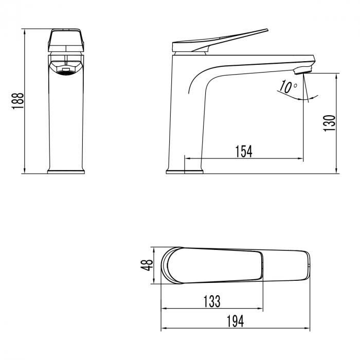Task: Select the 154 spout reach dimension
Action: point(244,151)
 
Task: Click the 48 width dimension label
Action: point(148,265)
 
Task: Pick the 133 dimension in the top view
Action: point(212,301)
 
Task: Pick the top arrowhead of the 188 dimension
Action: point(25,32)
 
